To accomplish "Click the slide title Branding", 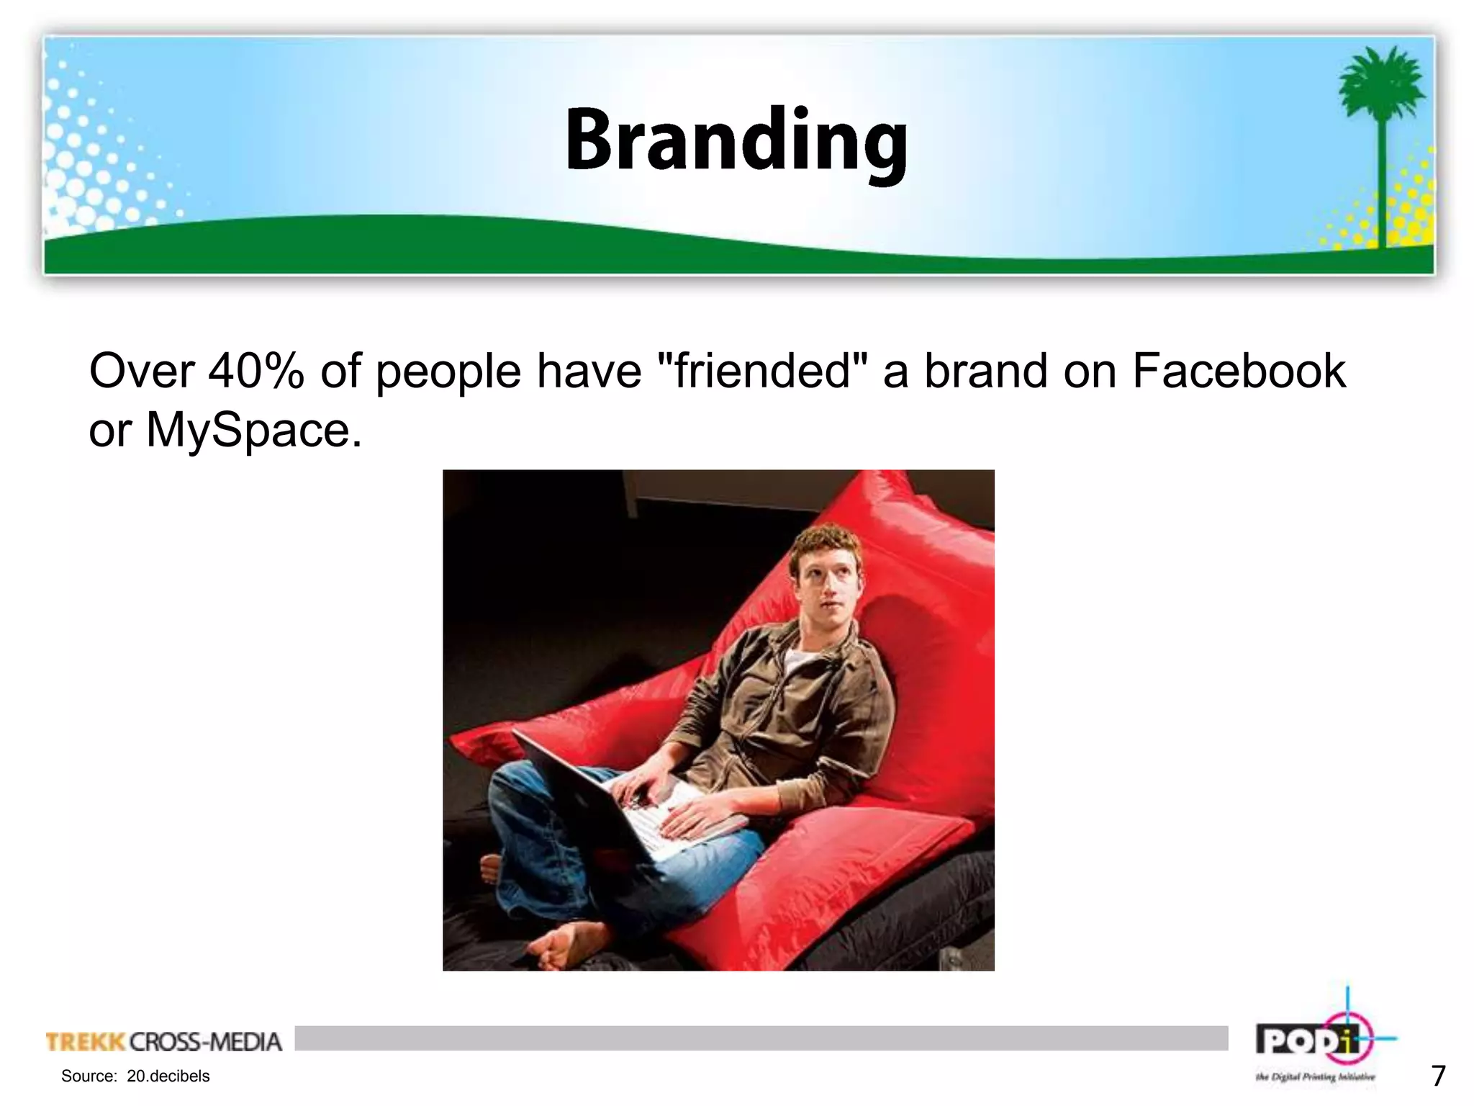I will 736,140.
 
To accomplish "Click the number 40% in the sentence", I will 256,372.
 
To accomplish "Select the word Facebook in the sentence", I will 1238,372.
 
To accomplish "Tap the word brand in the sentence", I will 985,372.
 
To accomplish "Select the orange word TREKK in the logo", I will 86,1042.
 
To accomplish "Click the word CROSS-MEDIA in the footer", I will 206,1042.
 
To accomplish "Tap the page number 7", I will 1438,1076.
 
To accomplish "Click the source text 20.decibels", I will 168,1076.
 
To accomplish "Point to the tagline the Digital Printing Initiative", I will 1315,1077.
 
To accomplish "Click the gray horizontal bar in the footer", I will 761,1038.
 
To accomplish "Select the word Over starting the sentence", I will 142,372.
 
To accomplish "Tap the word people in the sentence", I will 448,372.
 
